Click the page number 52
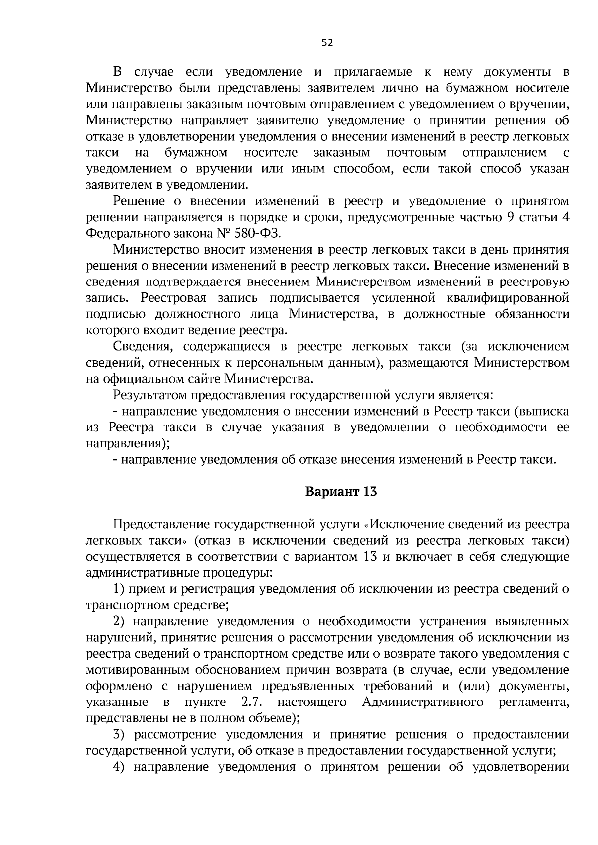[327, 43]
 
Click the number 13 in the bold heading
[370, 492]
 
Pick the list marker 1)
[118, 589]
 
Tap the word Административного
[423, 703]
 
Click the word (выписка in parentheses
[541, 412]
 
